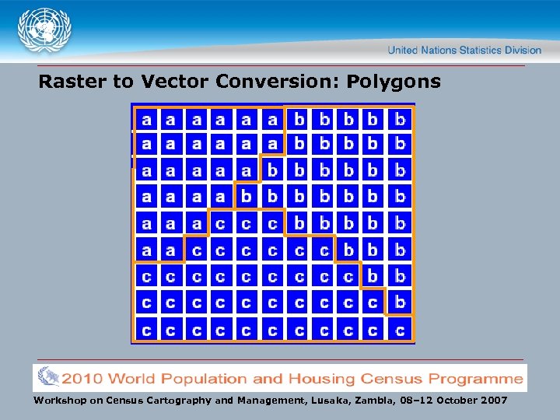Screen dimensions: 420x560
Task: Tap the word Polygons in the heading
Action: tap(394, 81)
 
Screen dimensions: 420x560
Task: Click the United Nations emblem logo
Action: tap(45, 32)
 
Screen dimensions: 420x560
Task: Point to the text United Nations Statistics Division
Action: tap(464, 50)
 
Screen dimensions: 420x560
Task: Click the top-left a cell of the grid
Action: tap(146, 119)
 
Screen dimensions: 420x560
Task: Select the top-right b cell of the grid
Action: tap(400, 119)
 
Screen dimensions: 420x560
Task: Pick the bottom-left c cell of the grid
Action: tap(146, 330)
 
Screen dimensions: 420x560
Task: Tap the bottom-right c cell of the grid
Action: tap(400, 330)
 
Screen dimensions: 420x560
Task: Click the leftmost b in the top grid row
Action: tap(299, 119)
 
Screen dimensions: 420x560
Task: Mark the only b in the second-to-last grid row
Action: tap(400, 303)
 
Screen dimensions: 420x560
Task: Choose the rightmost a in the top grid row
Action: tap(272, 119)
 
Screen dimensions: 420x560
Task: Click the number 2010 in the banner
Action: tap(82, 379)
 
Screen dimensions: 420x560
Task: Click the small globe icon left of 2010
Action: tap(47, 378)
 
